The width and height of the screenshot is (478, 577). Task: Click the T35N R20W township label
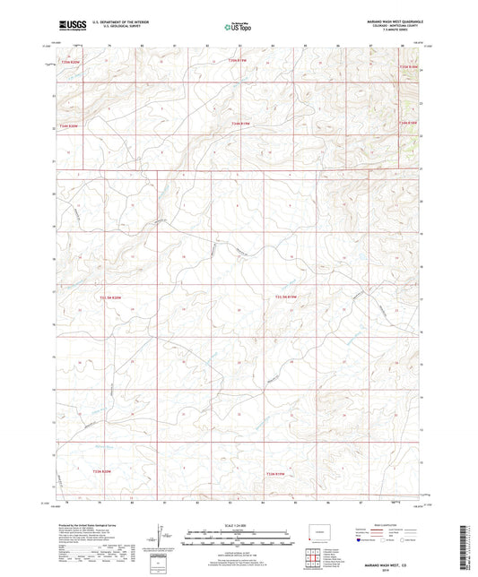(68, 60)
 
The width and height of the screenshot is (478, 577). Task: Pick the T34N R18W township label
(408, 122)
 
